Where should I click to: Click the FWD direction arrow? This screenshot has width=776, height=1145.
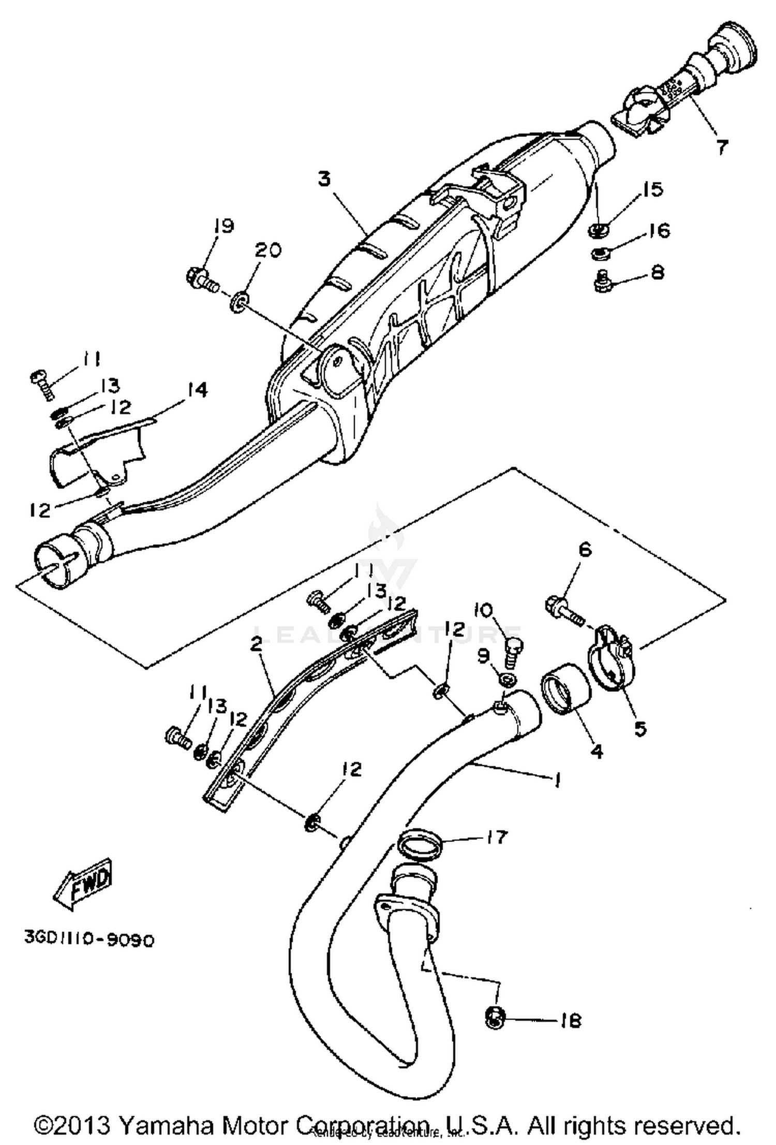coord(83,885)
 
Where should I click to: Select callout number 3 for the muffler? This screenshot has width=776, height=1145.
coord(324,180)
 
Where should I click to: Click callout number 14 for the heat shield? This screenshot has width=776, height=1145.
coord(197,390)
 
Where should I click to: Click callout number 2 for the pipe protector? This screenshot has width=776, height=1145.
coord(256,644)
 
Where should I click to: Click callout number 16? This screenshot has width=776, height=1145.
coord(659,230)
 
